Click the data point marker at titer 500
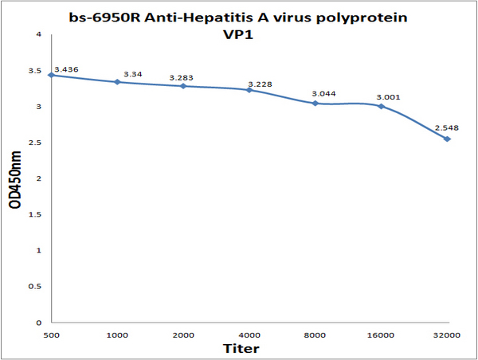(51, 75)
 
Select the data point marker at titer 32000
(447, 139)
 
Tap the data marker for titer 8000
(315, 104)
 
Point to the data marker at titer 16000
(382, 106)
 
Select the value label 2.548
(446, 127)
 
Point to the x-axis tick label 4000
(249, 335)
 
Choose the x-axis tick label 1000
(117, 335)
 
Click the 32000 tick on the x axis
(447, 335)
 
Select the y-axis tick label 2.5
(36, 143)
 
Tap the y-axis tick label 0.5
(36, 287)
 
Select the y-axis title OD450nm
(15, 179)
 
